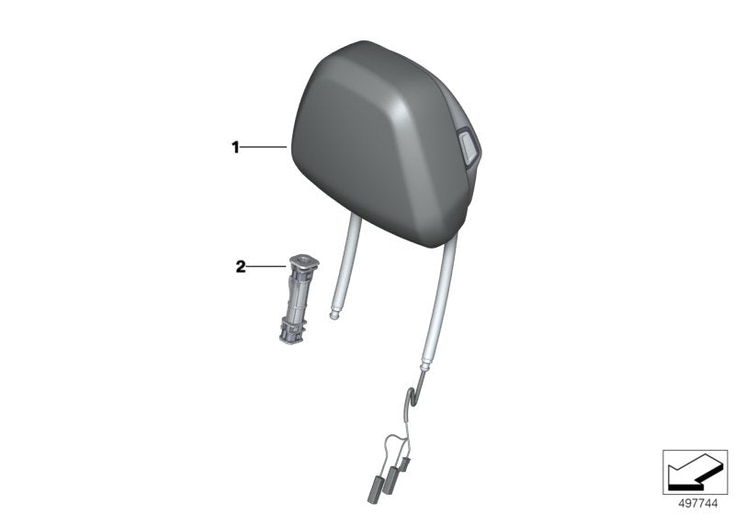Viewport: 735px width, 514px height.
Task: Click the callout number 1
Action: click(235, 148)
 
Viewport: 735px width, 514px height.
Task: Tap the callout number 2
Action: click(241, 267)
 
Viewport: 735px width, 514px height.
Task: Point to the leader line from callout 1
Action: click(264, 148)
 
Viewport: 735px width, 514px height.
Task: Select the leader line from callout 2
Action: click(266, 267)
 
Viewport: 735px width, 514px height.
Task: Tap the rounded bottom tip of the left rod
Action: click(334, 317)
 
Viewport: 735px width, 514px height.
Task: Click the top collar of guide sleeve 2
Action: click(304, 263)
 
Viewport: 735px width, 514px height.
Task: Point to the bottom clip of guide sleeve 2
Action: click(291, 333)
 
